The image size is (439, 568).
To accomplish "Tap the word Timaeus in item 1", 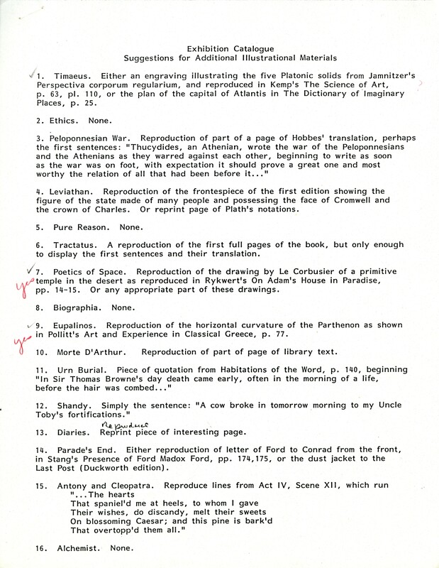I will (x=67, y=75).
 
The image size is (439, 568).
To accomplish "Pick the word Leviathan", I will (x=74, y=192).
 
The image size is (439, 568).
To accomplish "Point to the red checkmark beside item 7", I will (x=28, y=271).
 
